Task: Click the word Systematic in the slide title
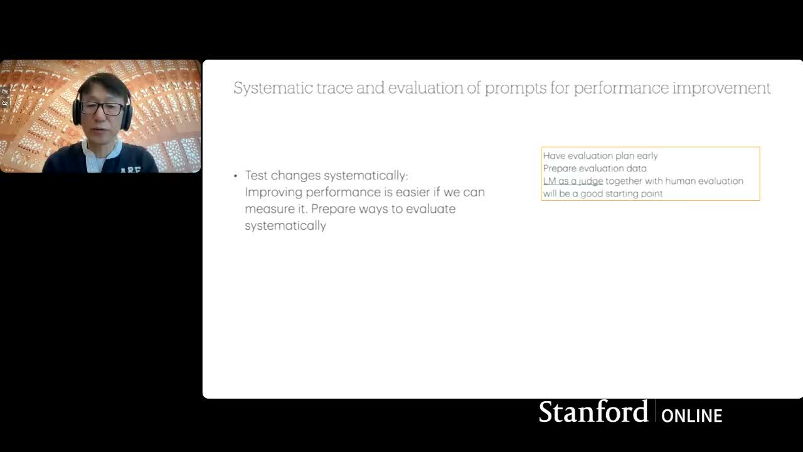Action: click(273, 89)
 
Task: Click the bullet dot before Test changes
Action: click(235, 176)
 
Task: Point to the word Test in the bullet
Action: click(257, 175)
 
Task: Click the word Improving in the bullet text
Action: click(274, 193)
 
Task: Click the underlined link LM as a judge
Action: click(573, 181)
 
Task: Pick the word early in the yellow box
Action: click(647, 156)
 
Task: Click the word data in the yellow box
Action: click(636, 168)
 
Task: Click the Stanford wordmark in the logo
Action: click(593, 412)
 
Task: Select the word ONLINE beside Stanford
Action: click(691, 416)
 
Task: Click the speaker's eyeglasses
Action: click(102, 108)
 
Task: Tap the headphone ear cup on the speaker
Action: click(127, 115)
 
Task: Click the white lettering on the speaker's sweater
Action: click(130, 169)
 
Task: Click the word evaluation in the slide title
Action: click(425, 89)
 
